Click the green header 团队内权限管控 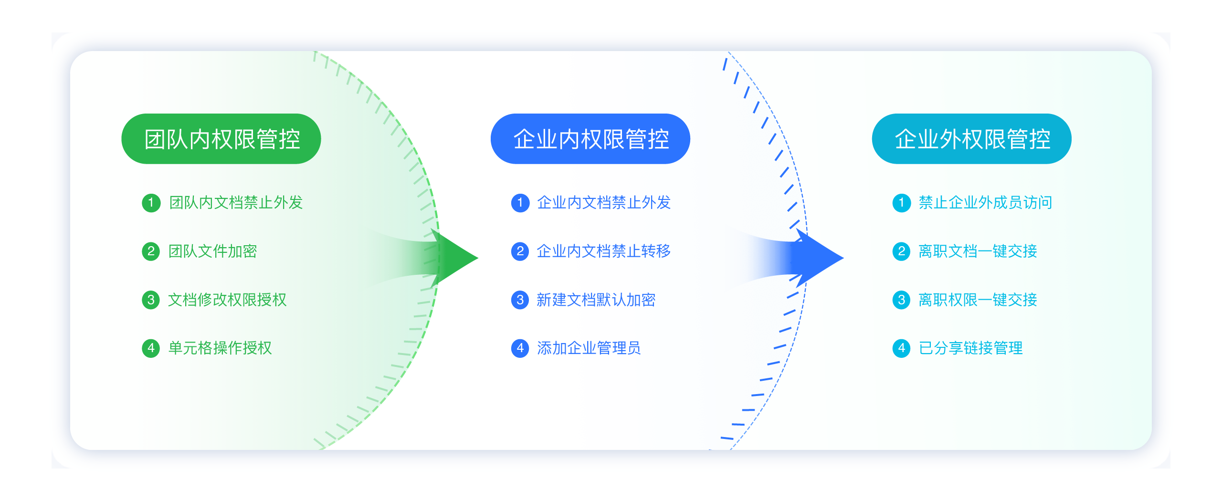[221, 139]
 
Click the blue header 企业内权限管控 [590, 139]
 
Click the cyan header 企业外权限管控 [972, 139]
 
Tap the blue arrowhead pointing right [820, 258]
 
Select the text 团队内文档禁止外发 [236, 203]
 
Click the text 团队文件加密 [213, 251]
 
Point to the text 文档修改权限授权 [227, 300]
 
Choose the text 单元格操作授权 [220, 348]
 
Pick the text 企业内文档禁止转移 [604, 251]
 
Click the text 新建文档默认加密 [596, 300]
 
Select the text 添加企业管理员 [589, 348]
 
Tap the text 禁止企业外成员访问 [986, 203]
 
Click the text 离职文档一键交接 [978, 251]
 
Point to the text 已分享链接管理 [971, 348]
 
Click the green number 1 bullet [151, 203]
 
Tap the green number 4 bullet [151, 348]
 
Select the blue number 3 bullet [520, 300]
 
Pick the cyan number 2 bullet [902, 251]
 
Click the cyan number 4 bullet [902, 348]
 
